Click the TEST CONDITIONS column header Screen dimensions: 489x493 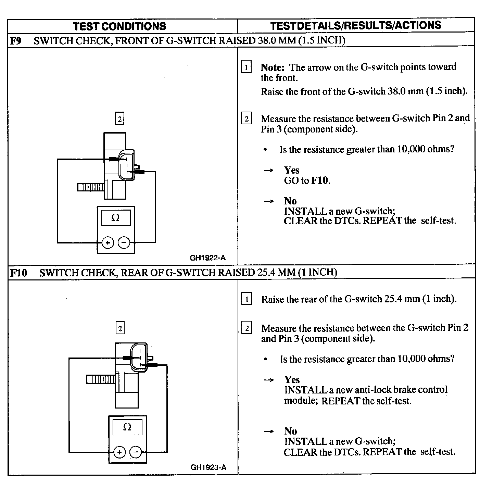[119, 26]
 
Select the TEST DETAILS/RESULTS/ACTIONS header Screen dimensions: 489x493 [356, 25]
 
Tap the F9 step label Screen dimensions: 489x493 [16, 41]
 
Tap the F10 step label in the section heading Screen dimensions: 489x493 [18, 273]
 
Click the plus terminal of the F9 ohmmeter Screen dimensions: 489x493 [108, 243]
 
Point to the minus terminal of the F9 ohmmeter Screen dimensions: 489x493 [124, 243]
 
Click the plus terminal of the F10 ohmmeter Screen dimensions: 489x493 [119, 452]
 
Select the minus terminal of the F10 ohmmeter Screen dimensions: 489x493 [136, 452]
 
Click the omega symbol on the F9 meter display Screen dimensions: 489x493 [116, 218]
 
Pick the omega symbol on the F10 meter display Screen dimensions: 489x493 [127, 427]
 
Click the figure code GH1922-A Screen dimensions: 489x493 [208, 258]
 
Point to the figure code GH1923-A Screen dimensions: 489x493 [208, 467]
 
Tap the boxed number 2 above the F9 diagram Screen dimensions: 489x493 [119, 119]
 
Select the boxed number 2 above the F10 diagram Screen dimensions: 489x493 [120, 328]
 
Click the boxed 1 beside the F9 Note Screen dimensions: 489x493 [246, 67]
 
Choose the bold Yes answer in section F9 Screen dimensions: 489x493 [292, 170]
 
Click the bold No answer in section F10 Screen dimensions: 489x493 [290, 431]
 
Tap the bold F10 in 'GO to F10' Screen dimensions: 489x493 [320, 180]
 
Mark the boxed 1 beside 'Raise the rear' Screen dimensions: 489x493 [246, 299]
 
